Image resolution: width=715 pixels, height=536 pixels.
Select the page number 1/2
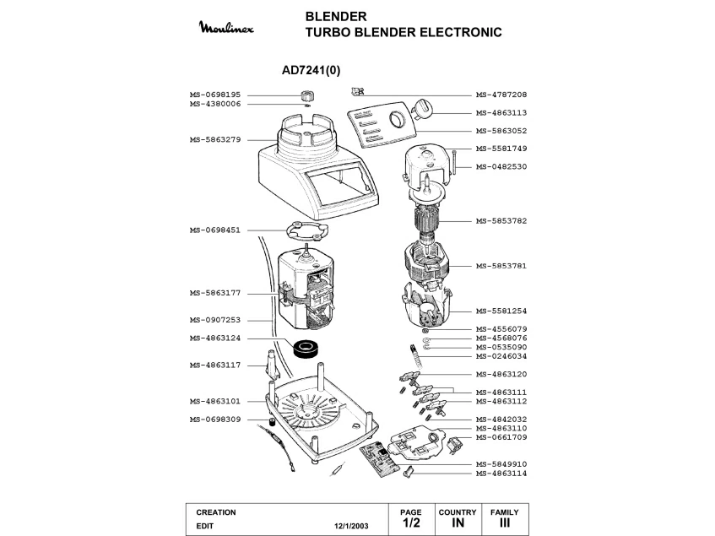tap(411, 524)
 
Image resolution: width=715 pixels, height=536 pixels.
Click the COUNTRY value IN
tap(458, 524)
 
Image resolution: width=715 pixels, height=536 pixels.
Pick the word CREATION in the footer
tap(216, 512)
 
